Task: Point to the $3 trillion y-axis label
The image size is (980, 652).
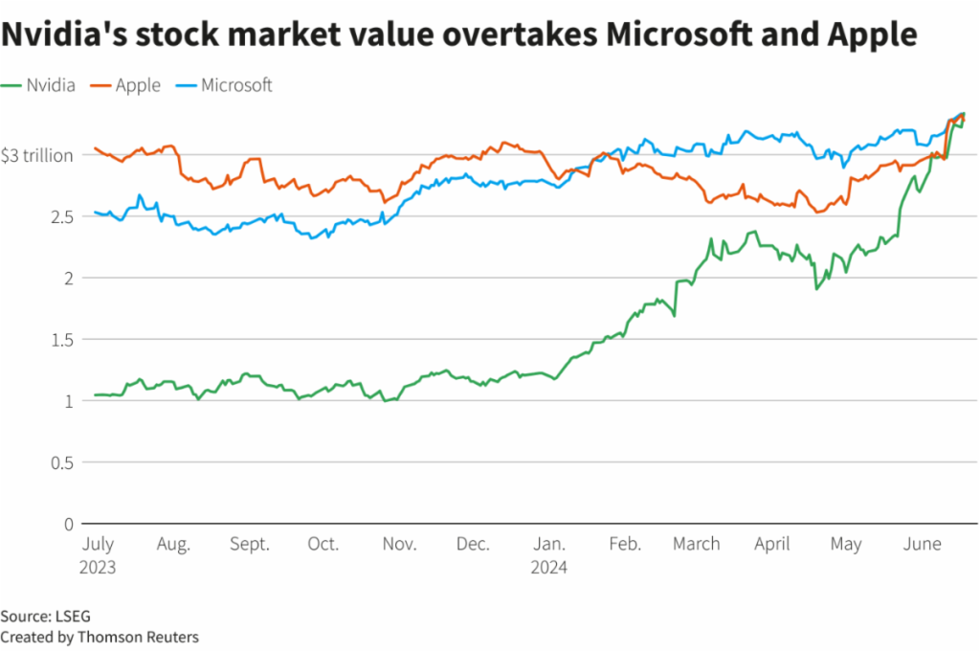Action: pos(36,155)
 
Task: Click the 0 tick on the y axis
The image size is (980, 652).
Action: pos(68,524)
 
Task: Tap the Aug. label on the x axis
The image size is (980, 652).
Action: pos(173,544)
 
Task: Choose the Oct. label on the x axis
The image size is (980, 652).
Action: pos(323,544)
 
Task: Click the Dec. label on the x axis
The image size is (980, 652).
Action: pos(473,544)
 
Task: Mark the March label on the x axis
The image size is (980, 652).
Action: pos(696,544)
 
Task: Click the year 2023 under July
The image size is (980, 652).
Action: pos(98,567)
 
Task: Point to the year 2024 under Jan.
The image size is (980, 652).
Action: pos(548,567)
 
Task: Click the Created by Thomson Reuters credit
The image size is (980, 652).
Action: pos(100,636)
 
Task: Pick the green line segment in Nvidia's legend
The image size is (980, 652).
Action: pos(11,85)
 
